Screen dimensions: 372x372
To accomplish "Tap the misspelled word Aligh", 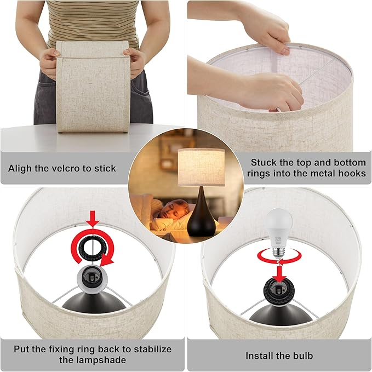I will click(x=22, y=168).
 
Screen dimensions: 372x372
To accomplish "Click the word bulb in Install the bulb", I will click(x=301, y=355).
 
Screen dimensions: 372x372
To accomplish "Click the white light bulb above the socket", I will click(x=278, y=228).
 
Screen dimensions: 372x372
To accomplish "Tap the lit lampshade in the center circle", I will click(x=201, y=167).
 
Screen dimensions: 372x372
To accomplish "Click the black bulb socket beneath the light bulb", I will click(x=279, y=277).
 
